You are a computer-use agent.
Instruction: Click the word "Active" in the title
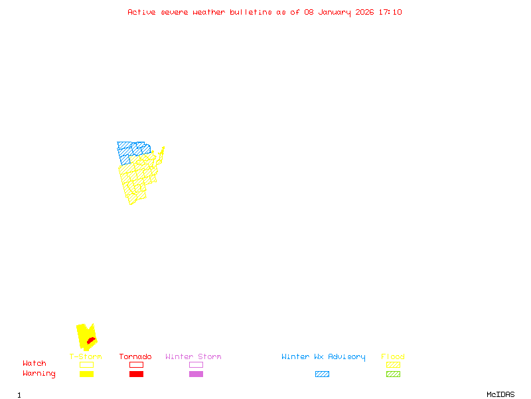141,12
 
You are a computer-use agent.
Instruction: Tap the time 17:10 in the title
390,12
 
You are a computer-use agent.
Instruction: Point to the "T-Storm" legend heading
86,357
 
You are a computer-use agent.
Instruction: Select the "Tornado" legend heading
135,357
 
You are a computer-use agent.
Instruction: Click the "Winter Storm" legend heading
193,357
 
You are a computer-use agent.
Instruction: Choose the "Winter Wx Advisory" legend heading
323,357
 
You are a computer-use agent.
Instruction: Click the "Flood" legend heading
393,357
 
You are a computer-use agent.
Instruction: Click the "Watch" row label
35,364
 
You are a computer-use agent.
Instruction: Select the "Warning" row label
38,374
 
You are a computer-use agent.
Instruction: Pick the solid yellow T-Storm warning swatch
86,374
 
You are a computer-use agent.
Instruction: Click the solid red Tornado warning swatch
136,374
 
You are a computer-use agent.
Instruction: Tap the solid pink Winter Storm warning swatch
196,374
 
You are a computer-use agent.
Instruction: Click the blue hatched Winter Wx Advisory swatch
322,374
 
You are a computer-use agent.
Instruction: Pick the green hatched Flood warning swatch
393,374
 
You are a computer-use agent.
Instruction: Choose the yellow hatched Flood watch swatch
393,364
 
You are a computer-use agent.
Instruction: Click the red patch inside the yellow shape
91,341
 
